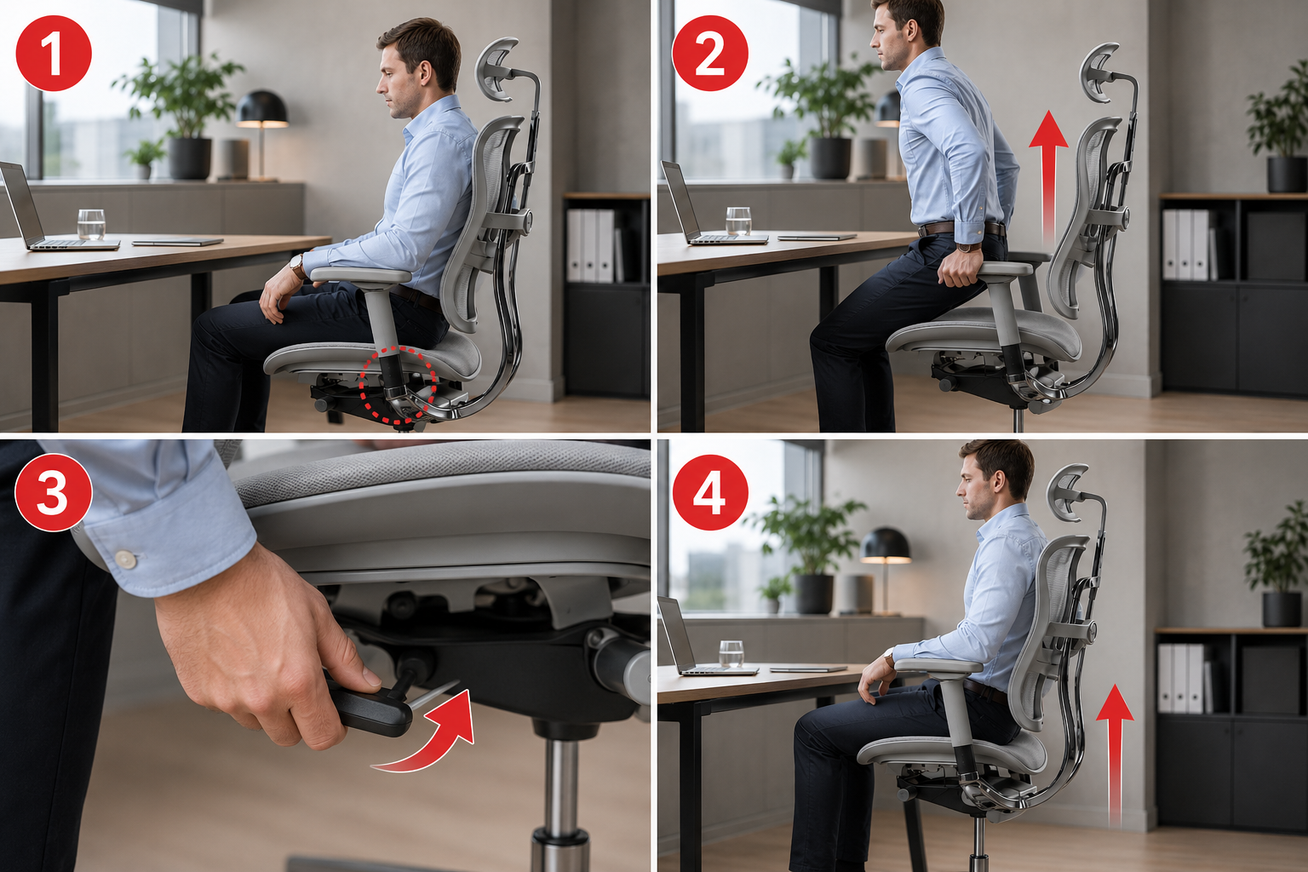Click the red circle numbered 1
click(x=54, y=53)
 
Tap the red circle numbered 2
click(x=710, y=53)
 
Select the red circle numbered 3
click(x=54, y=493)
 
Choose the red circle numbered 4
click(x=710, y=493)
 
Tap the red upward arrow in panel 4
click(x=1115, y=756)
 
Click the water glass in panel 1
click(x=91, y=224)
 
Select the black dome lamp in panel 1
click(x=261, y=109)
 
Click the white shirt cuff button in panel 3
click(x=125, y=559)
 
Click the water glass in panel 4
click(x=731, y=654)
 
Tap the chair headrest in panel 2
click(x=1098, y=72)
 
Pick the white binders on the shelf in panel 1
click(x=591, y=245)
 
